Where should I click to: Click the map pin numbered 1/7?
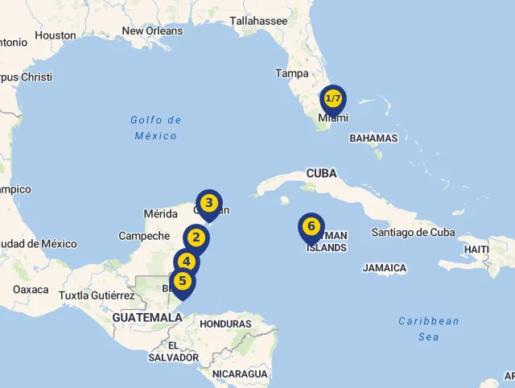pyautogui.click(x=333, y=99)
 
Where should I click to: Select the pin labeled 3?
pyautogui.click(x=209, y=203)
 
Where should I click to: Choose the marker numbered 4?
pyautogui.click(x=187, y=262)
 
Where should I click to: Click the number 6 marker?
pyautogui.click(x=311, y=226)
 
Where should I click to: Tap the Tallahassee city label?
pyautogui.click(x=258, y=21)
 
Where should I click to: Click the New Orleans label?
pyautogui.click(x=152, y=31)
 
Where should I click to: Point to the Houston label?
pyautogui.click(x=56, y=35)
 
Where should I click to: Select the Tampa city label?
pyautogui.click(x=291, y=73)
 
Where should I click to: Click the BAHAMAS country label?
pyautogui.click(x=373, y=138)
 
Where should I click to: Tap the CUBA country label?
pyautogui.click(x=321, y=174)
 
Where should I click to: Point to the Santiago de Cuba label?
pyautogui.click(x=413, y=233)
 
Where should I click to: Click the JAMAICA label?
pyautogui.click(x=385, y=268)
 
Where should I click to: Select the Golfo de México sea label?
pyautogui.click(x=156, y=128)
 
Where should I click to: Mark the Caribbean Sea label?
pyautogui.click(x=429, y=328)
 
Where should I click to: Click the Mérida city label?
pyautogui.click(x=160, y=214)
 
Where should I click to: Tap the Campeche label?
pyautogui.click(x=144, y=237)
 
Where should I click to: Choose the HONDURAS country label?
pyautogui.click(x=225, y=324)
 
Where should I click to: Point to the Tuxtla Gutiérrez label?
pyautogui.click(x=97, y=295)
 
